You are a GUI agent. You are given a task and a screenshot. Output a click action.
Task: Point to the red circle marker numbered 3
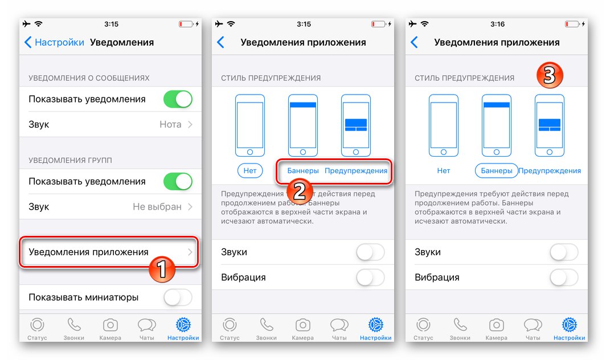(x=549, y=75)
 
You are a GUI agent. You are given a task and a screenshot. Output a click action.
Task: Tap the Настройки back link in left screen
(x=54, y=42)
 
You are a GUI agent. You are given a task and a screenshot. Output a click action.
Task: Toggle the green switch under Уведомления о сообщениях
(x=178, y=99)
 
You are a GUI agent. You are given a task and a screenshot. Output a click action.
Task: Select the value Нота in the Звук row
(x=170, y=124)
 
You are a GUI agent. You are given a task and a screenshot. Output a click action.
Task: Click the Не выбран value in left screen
(x=157, y=207)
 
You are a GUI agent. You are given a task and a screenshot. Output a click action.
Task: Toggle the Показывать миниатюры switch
(x=178, y=297)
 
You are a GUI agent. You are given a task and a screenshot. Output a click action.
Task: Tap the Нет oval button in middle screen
(x=250, y=170)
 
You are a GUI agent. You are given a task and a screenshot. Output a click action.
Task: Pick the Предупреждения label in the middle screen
(x=356, y=170)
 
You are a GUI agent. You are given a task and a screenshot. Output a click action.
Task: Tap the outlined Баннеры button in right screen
(x=497, y=170)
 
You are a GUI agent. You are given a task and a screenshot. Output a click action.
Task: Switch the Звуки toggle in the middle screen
(x=370, y=252)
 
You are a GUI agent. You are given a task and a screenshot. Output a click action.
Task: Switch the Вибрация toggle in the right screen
(x=564, y=277)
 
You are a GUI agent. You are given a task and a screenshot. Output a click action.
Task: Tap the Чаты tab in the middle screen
(x=339, y=329)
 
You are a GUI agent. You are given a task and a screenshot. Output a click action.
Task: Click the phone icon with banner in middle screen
(x=303, y=125)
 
